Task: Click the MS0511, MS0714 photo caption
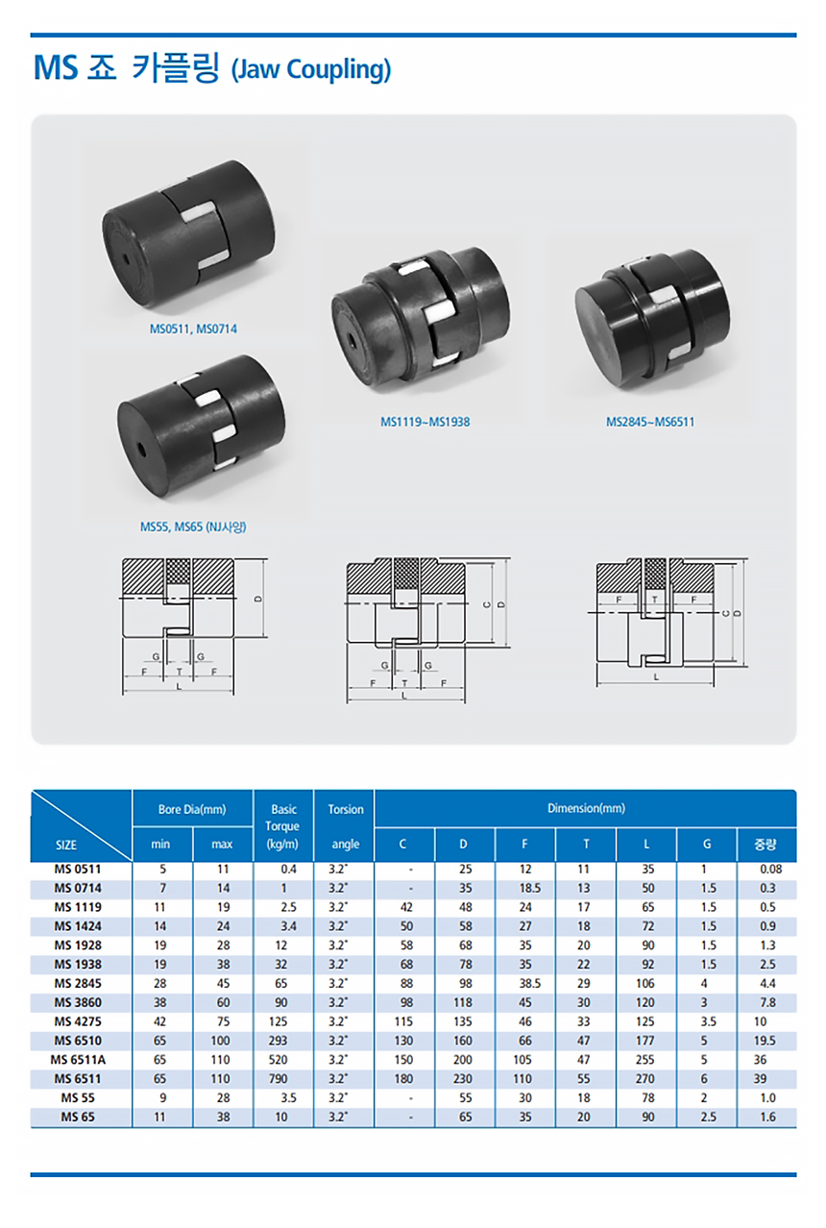[x=193, y=329]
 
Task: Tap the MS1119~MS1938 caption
[x=425, y=422]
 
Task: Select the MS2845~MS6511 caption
[x=650, y=422]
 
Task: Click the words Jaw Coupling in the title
[x=311, y=69]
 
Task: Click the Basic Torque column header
[x=282, y=826]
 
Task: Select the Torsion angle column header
[x=346, y=826]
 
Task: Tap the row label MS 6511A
[x=78, y=1059]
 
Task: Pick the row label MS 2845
[x=78, y=983]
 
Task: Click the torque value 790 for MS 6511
[x=278, y=1078]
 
